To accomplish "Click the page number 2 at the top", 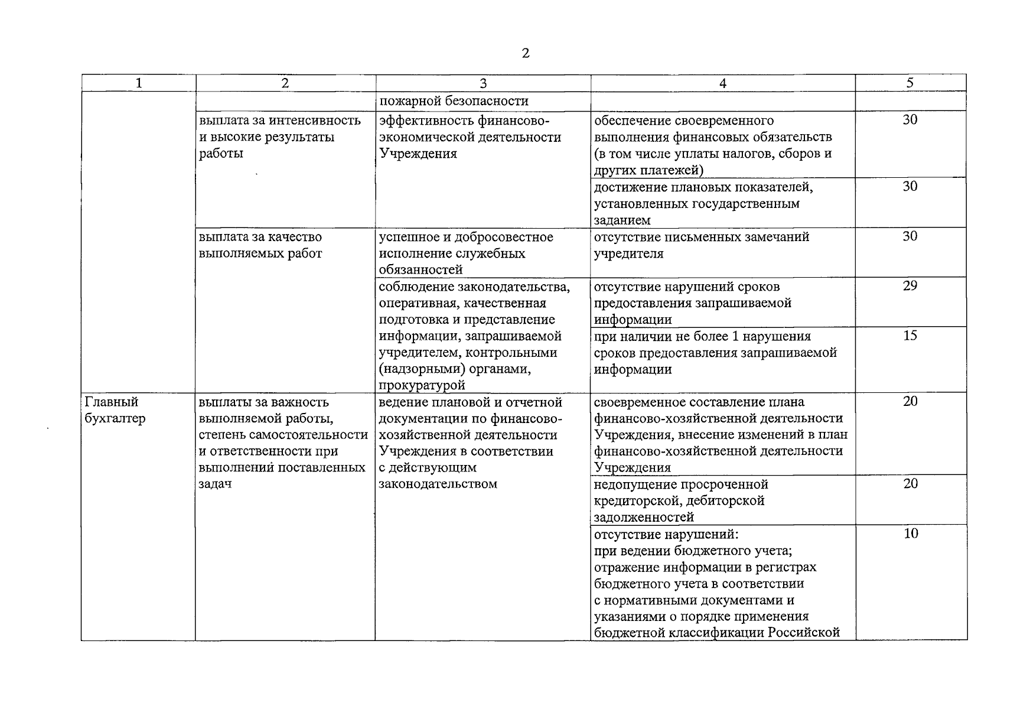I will (x=526, y=54).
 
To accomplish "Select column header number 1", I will (x=139, y=83).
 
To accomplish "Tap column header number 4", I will (x=723, y=83).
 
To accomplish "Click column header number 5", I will (x=910, y=83).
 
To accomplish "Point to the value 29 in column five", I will (x=910, y=286).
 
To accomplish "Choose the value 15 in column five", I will (x=910, y=336).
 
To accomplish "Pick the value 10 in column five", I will (x=911, y=534).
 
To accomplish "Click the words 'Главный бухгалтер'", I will (x=116, y=410).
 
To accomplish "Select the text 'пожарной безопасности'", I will (x=454, y=101).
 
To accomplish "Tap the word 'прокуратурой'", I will (x=422, y=385).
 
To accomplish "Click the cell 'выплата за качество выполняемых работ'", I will (x=261, y=245).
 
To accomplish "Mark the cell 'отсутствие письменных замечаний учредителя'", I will (x=701, y=245).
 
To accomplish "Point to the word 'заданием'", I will (x=622, y=220).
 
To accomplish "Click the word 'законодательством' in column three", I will (x=438, y=484).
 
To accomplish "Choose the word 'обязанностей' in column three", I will (x=421, y=270).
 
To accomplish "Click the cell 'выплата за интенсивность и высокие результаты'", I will (x=280, y=137).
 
